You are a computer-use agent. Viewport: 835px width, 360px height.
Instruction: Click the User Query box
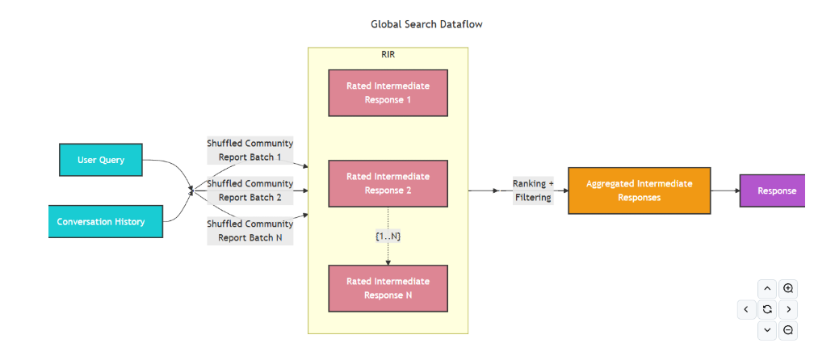point(101,160)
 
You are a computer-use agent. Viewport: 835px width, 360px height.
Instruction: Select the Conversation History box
point(106,221)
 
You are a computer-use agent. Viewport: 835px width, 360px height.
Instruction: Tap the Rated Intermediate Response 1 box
point(388,93)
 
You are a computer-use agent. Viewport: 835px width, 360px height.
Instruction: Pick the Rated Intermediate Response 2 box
point(388,183)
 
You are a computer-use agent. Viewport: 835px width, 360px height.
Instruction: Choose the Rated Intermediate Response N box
point(388,288)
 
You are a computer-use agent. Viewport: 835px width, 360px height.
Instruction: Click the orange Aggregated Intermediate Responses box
point(639,190)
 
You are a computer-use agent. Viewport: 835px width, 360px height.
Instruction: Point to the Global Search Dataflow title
point(426,24)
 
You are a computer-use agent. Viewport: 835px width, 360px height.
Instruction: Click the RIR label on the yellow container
point(388,55)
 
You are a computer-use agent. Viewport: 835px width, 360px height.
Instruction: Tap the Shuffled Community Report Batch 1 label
point(250,150)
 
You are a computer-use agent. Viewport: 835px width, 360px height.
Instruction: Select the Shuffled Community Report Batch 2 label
point(250,190)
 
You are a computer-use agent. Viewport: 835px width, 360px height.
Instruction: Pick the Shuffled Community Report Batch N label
point(250,231)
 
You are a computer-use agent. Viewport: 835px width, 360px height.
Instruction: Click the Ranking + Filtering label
point(533,190)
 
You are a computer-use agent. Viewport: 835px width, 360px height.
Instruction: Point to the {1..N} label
point(388,237)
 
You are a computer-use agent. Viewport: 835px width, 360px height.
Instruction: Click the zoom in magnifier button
point(789,288)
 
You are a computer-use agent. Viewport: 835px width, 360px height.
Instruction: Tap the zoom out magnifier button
point(789,329)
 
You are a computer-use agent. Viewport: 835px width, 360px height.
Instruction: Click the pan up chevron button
point(768,288)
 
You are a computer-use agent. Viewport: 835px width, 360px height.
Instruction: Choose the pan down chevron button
point(768,329)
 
